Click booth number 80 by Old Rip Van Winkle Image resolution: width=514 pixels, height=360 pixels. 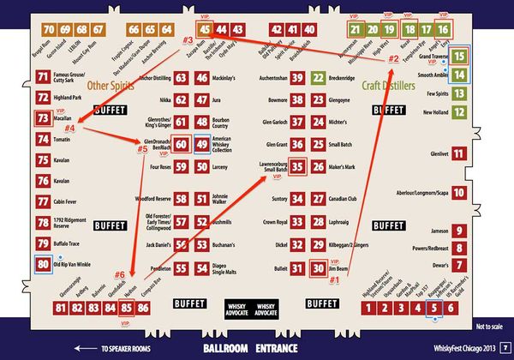click(43, 266)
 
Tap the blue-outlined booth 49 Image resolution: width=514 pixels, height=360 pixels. click(201, 145)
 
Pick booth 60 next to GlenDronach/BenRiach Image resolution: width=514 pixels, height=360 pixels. click(182, 145)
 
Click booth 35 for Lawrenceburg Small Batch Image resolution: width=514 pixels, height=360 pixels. click(296, 166)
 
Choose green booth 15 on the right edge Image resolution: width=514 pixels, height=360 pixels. click(459, 57)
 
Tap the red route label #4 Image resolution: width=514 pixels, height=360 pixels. click(70, 129)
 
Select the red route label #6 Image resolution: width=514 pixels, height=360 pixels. click(119, 274)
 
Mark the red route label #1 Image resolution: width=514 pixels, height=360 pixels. click(335, 279)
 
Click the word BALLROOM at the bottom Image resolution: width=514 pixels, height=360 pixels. click(229, 350)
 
